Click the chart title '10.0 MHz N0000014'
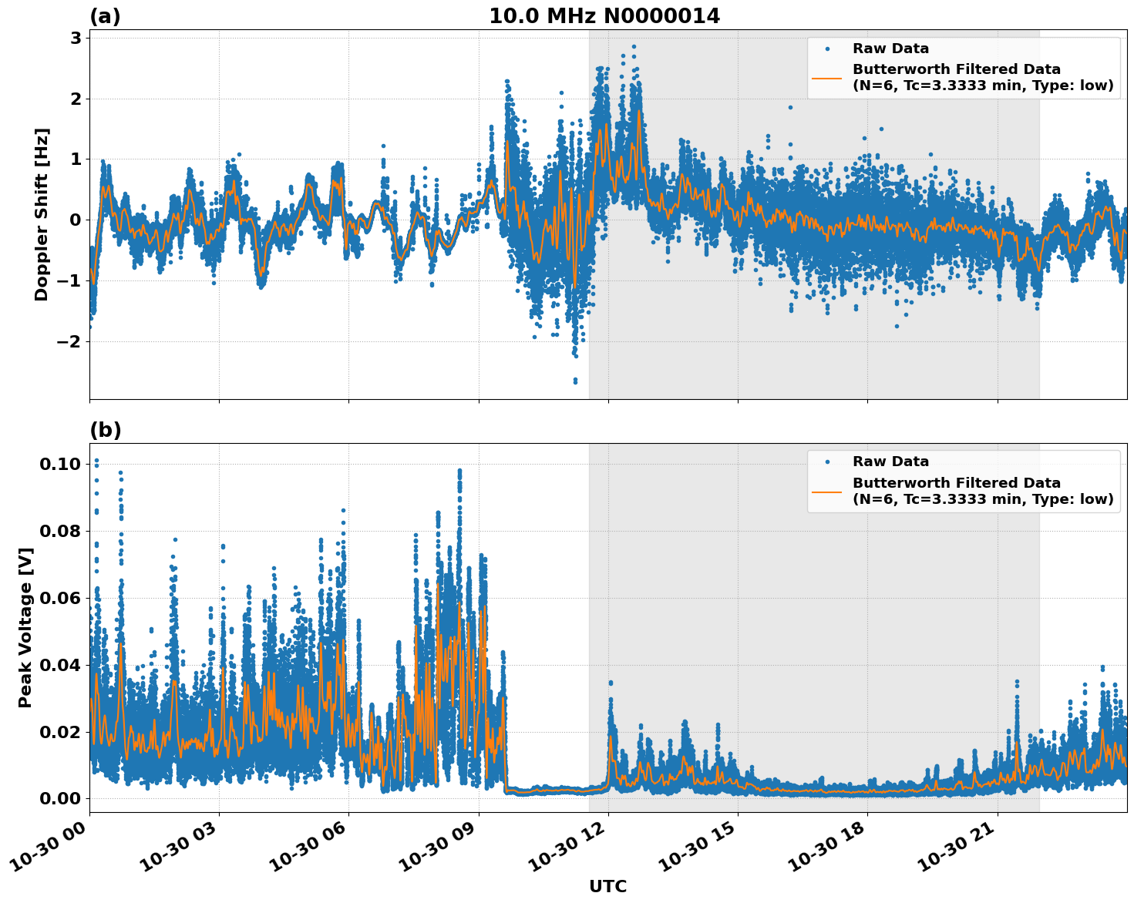click(604, 16)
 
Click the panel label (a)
click(105, 16)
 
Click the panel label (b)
click(105, 430)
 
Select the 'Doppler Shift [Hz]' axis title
click(42, 214)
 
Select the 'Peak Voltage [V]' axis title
click(25, 628)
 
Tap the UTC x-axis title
click(607, 886)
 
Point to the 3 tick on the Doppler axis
click(76, 38)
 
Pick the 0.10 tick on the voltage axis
click(59, 464)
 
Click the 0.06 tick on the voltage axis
click(59, 598)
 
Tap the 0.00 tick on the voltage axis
click(59, 798)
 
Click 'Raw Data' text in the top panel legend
click(890, 49)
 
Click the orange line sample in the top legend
click(827, 77)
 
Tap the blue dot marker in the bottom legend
click(827, 462)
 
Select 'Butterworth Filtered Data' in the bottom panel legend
click(956, 483)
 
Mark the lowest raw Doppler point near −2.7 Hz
click(575, 381)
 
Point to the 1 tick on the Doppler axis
click(76, 159)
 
